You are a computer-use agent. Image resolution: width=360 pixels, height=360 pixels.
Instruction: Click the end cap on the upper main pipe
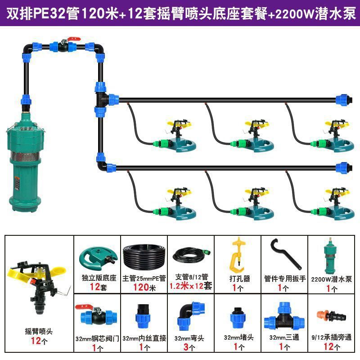click(343, 98)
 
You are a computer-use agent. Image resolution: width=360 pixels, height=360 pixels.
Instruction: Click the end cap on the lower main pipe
click(343, 167)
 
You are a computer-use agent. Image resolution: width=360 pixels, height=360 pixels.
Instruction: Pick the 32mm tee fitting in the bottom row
click(283, 316)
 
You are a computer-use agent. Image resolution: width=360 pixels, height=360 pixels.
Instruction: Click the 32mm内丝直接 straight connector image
click(143, 316)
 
